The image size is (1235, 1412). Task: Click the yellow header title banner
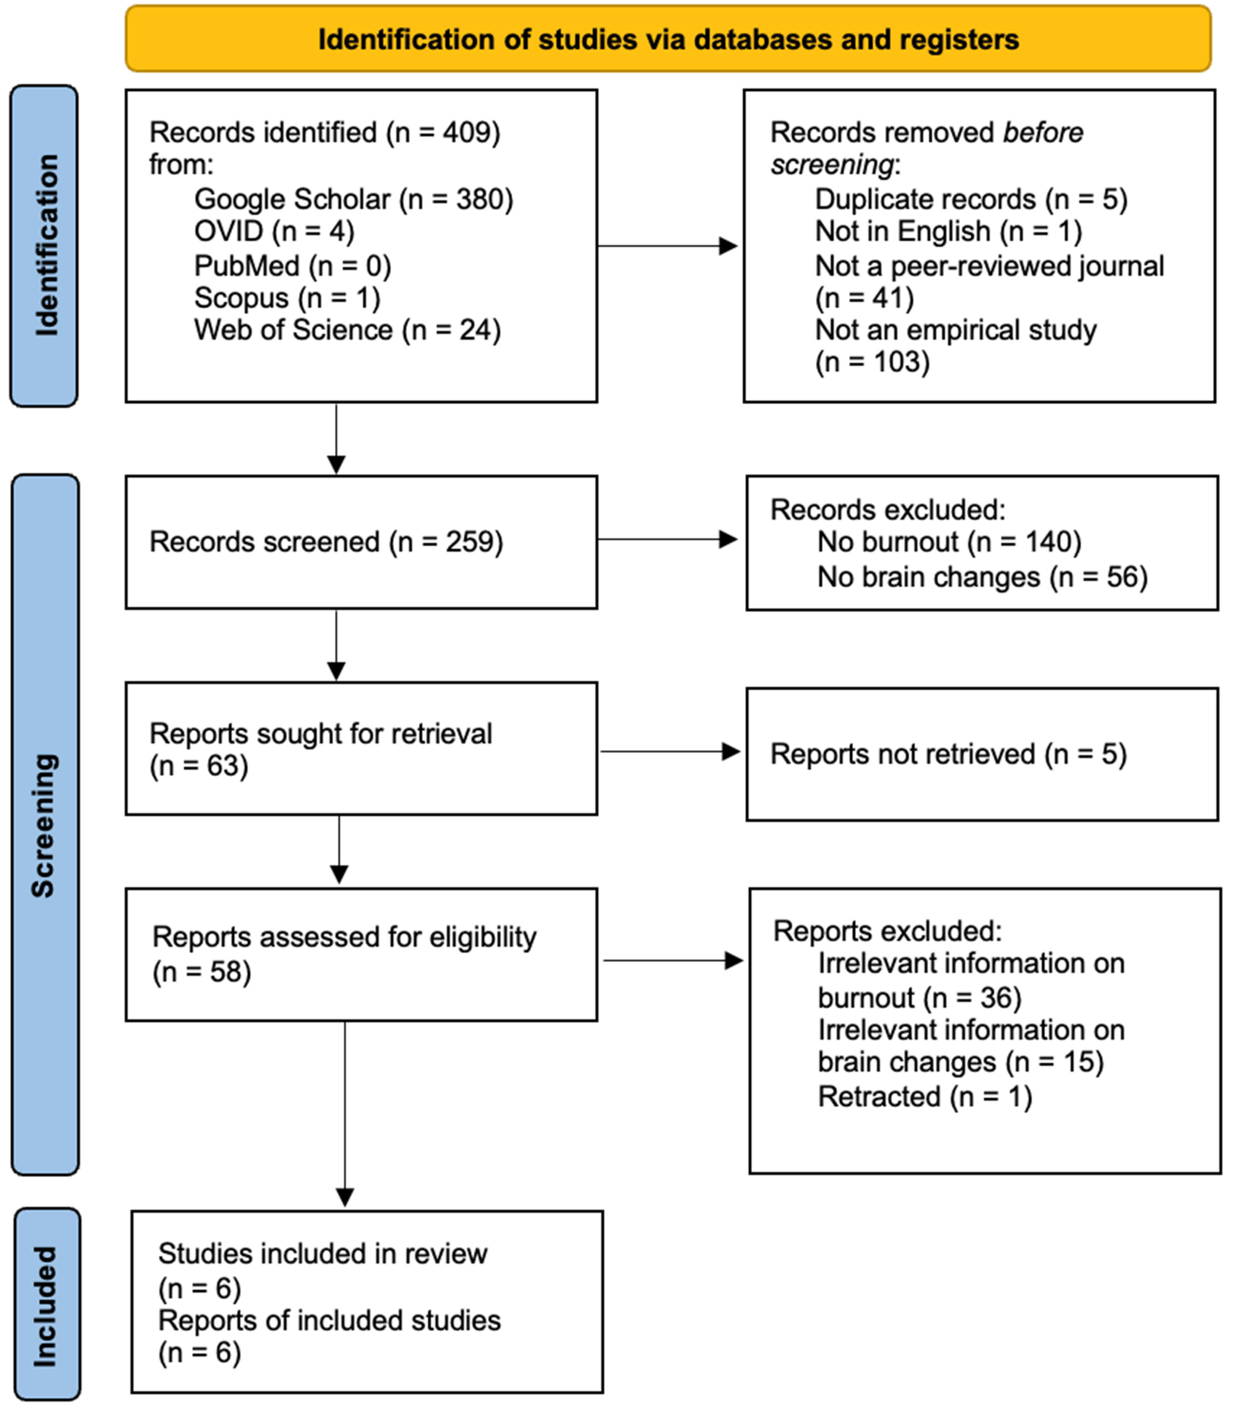[668, 39]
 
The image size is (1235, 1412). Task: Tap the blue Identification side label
[44, 246]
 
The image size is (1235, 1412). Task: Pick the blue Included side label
[47, 1304]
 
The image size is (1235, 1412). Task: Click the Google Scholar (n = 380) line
[354, 199]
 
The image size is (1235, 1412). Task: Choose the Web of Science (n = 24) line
[347, 330]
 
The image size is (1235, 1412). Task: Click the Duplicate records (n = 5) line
[971, 199]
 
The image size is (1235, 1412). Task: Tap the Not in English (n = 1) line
[948, 231]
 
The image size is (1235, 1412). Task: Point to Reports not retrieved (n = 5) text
[948, 754]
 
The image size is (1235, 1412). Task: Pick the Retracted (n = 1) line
[925, 1097]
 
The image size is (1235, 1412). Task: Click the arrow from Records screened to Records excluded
[667, 539]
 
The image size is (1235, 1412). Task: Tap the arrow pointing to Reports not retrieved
[670, 751]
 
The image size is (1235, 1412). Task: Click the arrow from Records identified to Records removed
[667, 246]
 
